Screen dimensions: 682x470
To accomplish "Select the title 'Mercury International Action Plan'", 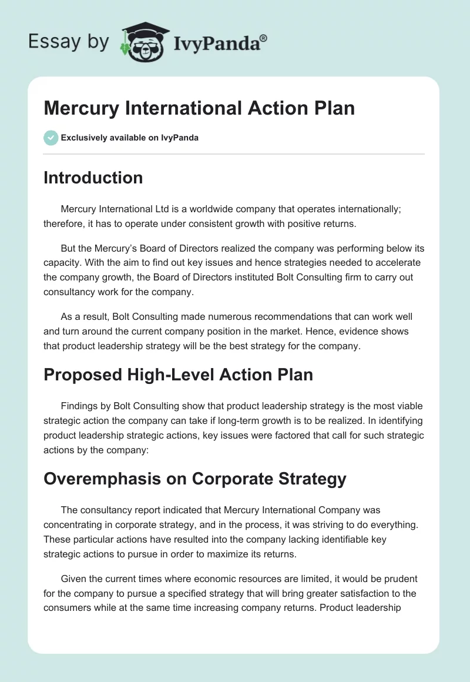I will [x=199, y=109].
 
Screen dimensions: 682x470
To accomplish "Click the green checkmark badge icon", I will [x=51, y=138].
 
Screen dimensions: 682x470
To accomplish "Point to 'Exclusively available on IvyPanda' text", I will [x=129, y=138].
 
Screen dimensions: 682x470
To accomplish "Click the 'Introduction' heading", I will [x=93, y=178].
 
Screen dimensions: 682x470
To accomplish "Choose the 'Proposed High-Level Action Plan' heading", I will [x=178, y=374].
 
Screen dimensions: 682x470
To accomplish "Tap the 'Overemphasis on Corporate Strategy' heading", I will [x=194, y=479].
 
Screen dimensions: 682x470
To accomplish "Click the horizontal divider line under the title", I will [x=234, y=154].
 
